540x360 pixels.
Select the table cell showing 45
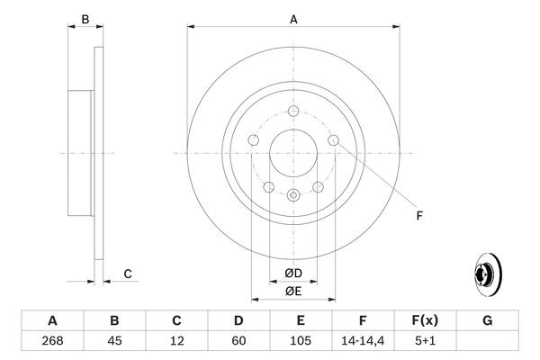coord(114,341)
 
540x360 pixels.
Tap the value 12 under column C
coord(176,341)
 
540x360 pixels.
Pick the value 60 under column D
coord(238,341)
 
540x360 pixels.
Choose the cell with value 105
coord(301,341)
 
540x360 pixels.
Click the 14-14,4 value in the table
coord(363,341)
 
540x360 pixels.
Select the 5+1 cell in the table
coord(425,341)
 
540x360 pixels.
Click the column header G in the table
coord(487,320)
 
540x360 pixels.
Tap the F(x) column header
coord(425,320)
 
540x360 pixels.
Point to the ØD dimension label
coord(293,273)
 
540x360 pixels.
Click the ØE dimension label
coord(293,291)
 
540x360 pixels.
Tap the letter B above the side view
coord(85,19)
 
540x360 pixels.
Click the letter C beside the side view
coord(128,274)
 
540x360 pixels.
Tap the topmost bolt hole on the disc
coord(293,112)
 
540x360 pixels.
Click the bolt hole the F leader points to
coord(334,141)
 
